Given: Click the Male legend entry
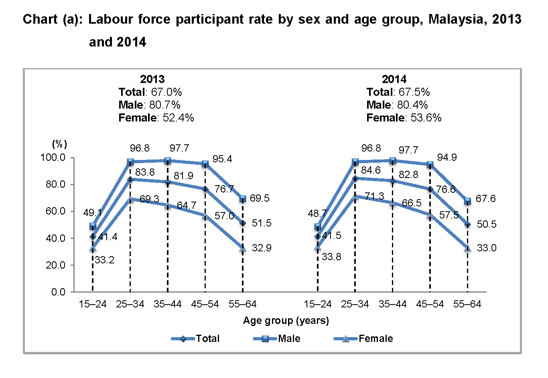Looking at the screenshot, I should [x=289, y=339].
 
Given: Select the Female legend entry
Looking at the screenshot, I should [x=375, y=339].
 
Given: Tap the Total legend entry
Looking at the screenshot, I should [x=207, y=339].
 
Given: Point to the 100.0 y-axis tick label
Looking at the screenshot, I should [x=53, y=158].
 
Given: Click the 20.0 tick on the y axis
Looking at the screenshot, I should [x=55, y=265].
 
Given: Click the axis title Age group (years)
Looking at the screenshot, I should [x=286, y=321].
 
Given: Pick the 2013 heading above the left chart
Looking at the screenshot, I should [x=152, y=79].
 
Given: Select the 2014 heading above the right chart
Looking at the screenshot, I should [x=394, y=79].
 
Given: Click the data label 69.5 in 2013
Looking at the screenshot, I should [x=260, y=198].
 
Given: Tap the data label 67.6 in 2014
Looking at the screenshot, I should [x=485, y=199].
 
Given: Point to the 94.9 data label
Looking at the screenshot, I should [x=447, y=158].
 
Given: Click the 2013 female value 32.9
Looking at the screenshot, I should [x=262, y=248].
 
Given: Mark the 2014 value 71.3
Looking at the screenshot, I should [x=374, y=196].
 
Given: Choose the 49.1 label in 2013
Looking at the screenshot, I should [x=92, y=213].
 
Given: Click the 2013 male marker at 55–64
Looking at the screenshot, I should [x=243, y=199].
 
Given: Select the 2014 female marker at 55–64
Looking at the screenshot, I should [x=467, y=249].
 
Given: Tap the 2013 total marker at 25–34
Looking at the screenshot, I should [x=130, y=180].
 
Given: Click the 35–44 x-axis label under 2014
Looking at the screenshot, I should [x=392, y=304].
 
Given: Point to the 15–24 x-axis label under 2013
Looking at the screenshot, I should [x=93, y=304].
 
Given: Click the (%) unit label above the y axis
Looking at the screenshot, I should [x=60, y=144].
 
